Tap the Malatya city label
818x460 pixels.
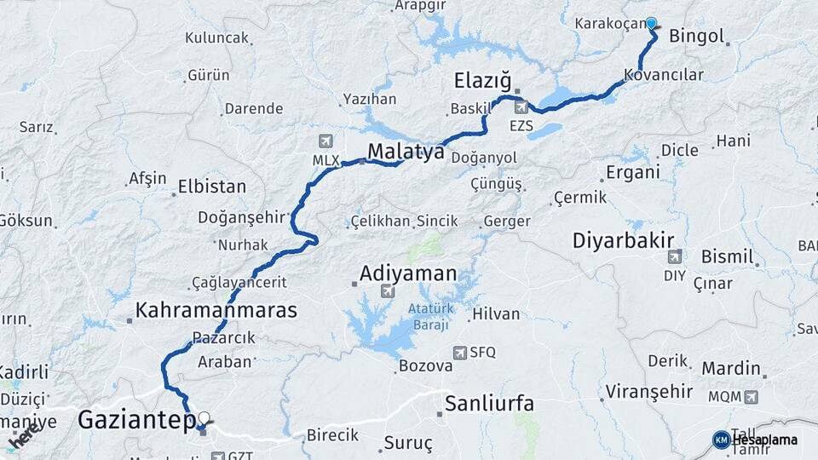pyautogui.click(x=406, y=152)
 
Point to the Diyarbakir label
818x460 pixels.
pyautogui.click(x=624, y=239)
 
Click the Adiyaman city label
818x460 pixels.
pyautogui.click(x=408, y=274)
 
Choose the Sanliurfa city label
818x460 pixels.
pyautogui.click(x=490, y=403)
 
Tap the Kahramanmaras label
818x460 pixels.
pyautogui.click(x=216, y=310)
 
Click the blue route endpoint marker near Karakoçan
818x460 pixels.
pyautogui.click(x=652, y=23)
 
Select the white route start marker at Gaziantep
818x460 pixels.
pyautogui.click(x=204, y=418)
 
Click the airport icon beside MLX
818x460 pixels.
pyautogui.click(x=325, y=141)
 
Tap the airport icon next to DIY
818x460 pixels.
pyautogui.click(x=675, y=256)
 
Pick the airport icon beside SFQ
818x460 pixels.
pyautogui.click(x=461, y=352)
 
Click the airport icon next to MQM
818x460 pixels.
pyautogui.click(x=750, y=396)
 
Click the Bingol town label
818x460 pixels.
pyautogui.click(x=697, y=37)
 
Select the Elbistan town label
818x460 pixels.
pyautogui.click(x=212, y=187)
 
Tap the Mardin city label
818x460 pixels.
pyautogui.click(x=731, y=369)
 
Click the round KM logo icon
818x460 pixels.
pyautogui.click(x=721, y=440)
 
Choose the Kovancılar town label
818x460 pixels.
pyautogui.click(x=664, y=75)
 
